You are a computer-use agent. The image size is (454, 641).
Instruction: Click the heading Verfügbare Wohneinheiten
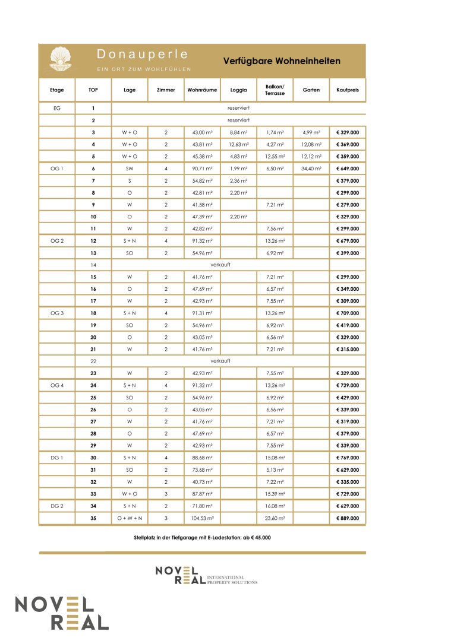(282, 61)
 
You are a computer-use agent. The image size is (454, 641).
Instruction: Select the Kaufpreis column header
(347, 90)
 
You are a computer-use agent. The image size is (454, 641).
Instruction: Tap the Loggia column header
(238, 90)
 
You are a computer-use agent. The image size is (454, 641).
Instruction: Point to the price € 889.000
(347, 518)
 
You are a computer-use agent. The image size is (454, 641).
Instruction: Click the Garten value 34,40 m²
(311, 169)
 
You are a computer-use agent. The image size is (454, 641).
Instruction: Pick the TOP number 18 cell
(93, 313)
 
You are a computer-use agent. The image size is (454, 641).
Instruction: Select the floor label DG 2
(56, 506)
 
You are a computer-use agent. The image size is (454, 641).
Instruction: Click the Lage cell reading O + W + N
(130, 518)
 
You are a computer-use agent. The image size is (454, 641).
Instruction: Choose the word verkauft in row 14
(220, 265)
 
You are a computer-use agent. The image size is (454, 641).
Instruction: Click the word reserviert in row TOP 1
(238, 109)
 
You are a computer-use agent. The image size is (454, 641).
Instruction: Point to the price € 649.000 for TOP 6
(347, 169)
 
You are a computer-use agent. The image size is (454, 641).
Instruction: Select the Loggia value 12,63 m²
(238, 144)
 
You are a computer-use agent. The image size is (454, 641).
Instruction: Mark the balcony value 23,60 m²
(275, 518)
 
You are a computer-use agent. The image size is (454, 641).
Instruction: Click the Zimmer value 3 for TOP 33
(166, 494)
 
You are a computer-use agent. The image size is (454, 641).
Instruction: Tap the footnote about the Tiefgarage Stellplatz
(203, 537)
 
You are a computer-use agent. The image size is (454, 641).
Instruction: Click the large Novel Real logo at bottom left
(62, 613)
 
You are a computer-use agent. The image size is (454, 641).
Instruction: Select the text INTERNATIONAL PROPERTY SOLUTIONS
(232, 579)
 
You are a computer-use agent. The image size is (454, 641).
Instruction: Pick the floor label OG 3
(56, 313)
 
